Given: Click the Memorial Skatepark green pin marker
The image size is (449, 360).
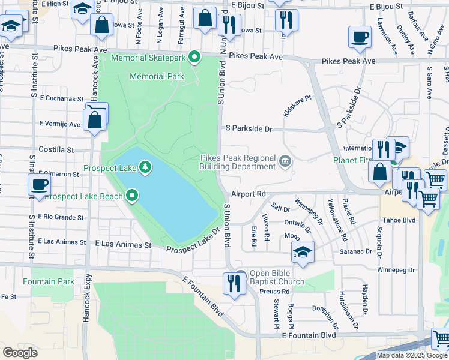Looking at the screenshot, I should point(194,58).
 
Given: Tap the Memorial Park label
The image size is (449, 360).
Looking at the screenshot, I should point(157,76).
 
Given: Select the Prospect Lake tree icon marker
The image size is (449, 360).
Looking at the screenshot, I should point(145,166).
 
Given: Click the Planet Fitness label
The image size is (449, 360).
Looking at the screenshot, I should point(357,160).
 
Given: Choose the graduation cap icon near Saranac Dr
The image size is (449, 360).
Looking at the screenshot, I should point(303,251).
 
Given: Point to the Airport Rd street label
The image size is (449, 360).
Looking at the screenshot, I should point(248,194).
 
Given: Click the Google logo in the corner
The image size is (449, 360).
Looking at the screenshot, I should point(20,352).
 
